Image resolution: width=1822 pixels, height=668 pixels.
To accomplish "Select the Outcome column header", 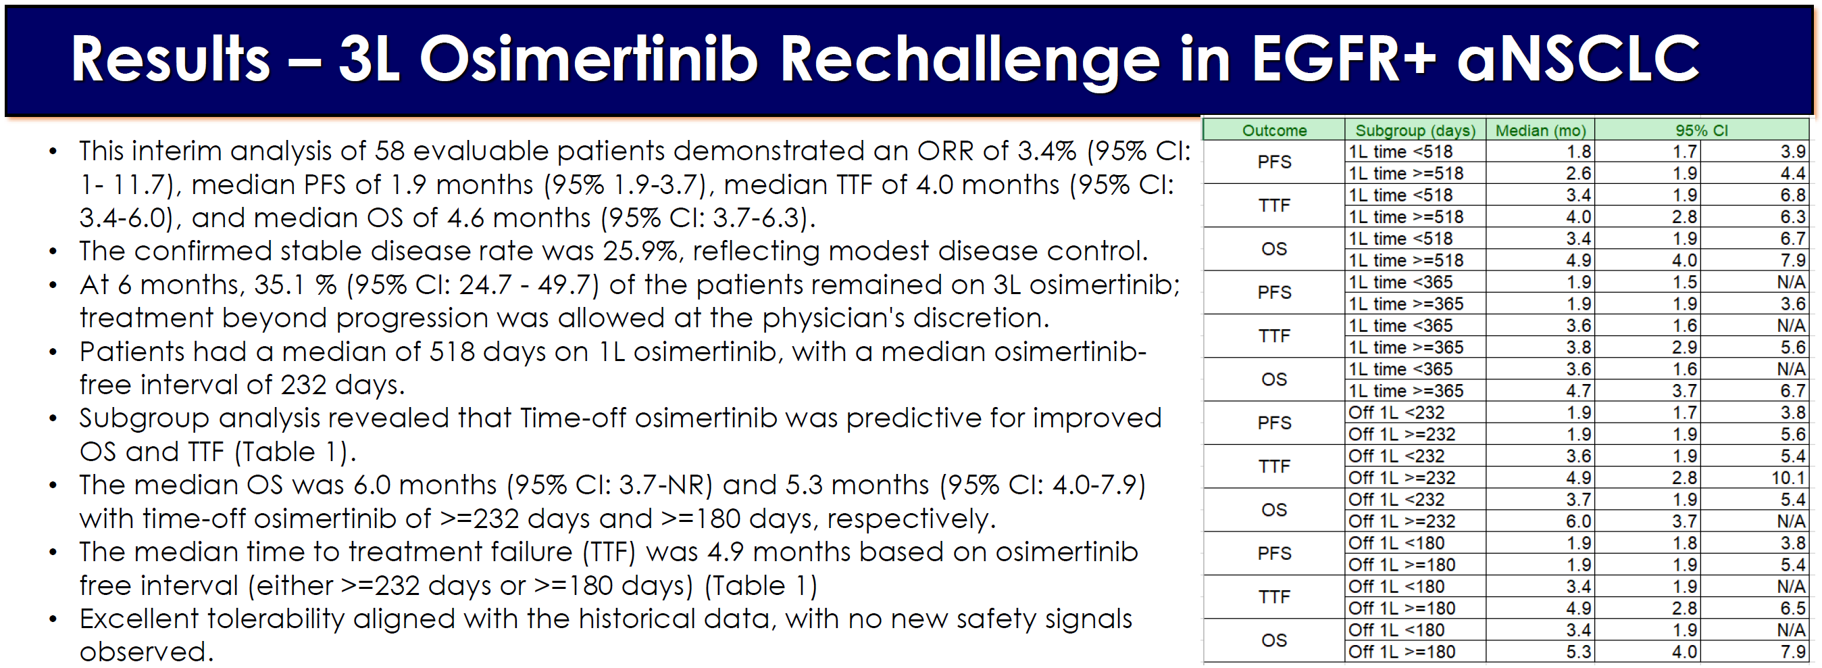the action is (x=1275, y=130).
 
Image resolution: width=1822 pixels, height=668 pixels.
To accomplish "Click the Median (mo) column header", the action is (x=1540, y=130).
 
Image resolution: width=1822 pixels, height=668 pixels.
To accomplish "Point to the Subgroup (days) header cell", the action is (x=1415, y=130).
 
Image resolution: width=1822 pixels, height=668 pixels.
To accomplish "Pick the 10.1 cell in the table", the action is (x=1788, y=477).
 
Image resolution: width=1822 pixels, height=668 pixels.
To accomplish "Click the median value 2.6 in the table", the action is (x=1579, y=173).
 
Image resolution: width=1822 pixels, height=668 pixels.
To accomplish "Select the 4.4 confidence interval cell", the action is (x=1793, y=173).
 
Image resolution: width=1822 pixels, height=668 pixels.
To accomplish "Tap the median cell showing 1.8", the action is (x=1579, y=151).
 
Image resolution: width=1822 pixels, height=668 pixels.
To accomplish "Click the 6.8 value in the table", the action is (x=1793, y=195).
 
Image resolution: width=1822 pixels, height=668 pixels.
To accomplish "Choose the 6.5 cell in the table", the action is (x=1793, y=608).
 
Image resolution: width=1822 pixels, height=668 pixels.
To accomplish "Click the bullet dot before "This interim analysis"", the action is (x=53, y=151).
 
